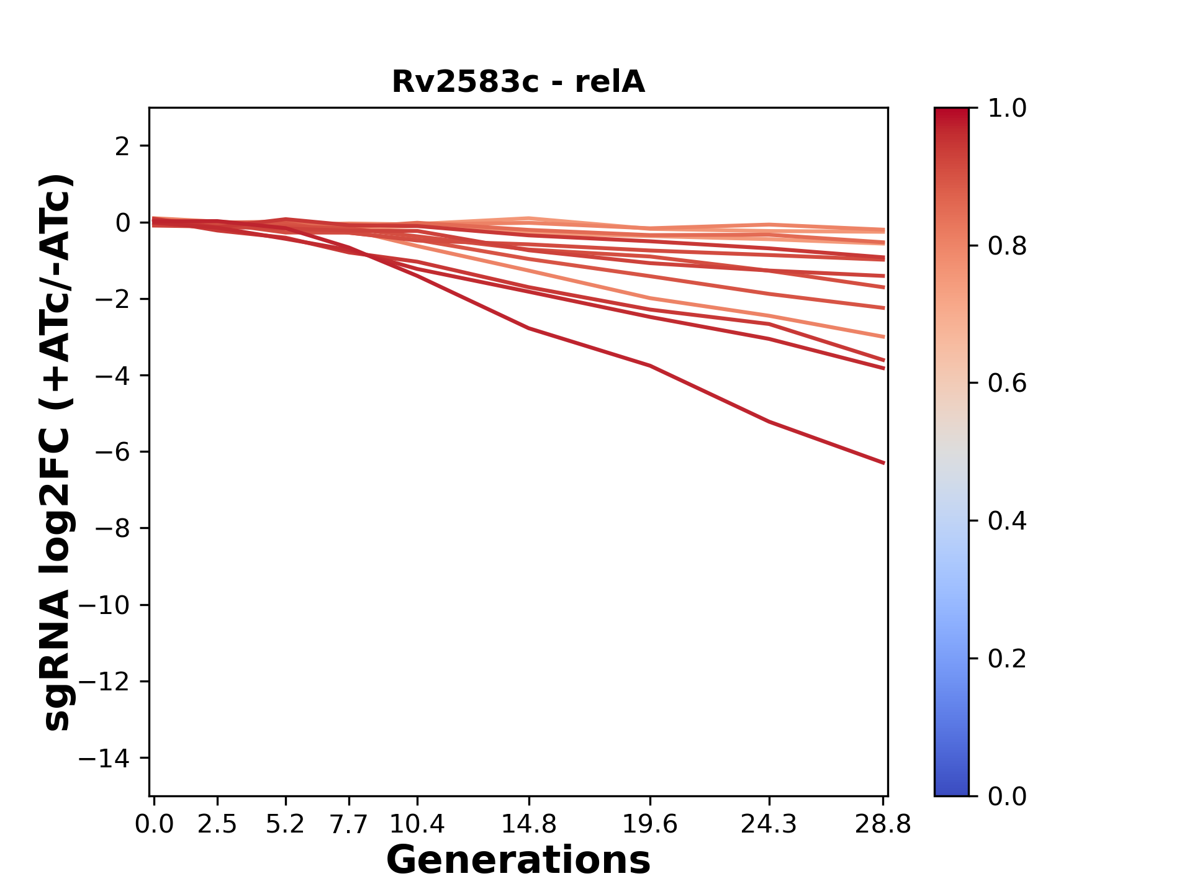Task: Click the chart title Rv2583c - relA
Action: (x=518, y=82)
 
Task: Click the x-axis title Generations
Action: (x=518, y=860)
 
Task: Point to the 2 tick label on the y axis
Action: (x=122, y=147)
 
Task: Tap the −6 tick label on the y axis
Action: (x=112, y=452)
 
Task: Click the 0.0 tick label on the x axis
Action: (x=154, y=824)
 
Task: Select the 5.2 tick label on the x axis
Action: (x=285, y=824)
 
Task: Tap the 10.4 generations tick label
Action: (x=417, y=824)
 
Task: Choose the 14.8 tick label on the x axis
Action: (x=528, y=824)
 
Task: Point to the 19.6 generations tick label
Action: (x=650, y=824)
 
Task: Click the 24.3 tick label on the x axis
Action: (x=769, y=824)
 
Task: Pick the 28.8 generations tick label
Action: (x=883, y=824)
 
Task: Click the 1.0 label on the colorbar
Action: (x=1007, y=109)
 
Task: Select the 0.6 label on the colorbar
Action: (x=1007, y=384)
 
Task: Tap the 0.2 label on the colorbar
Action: (x=1007, y=659)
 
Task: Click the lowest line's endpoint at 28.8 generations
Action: (x=883, y=463)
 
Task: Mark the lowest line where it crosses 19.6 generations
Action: (x=650, y=366)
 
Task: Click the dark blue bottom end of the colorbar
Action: (x=951, y=788)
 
